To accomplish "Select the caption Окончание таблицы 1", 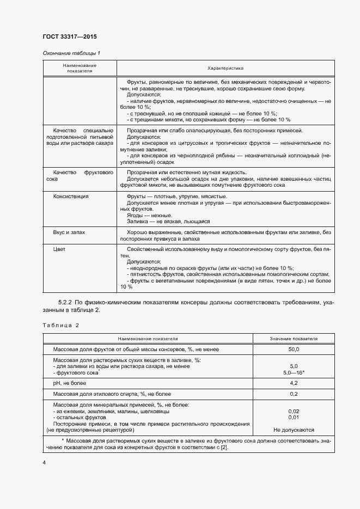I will pos(71,53).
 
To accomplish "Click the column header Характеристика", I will pos(225,68).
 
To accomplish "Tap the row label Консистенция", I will pos(70,196).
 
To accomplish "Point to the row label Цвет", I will pos(59,250).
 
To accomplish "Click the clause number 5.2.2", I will pos(66,302).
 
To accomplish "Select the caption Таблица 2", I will pos(61,325).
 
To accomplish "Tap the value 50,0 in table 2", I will pos(293,349).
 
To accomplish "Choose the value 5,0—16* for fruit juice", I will pos(293,373).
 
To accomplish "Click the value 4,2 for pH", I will pos(293,383).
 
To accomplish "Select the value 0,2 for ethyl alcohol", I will pos(293,394).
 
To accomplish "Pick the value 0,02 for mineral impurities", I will pos(293,411).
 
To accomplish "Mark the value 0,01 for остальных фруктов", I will pos(293,418).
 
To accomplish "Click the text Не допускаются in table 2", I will pos(293,430).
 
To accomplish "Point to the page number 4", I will pos(44,462).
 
